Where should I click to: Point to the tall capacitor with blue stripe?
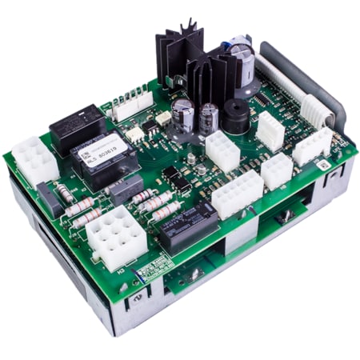tap(242, 61)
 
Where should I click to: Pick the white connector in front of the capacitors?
tap(222, 150)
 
